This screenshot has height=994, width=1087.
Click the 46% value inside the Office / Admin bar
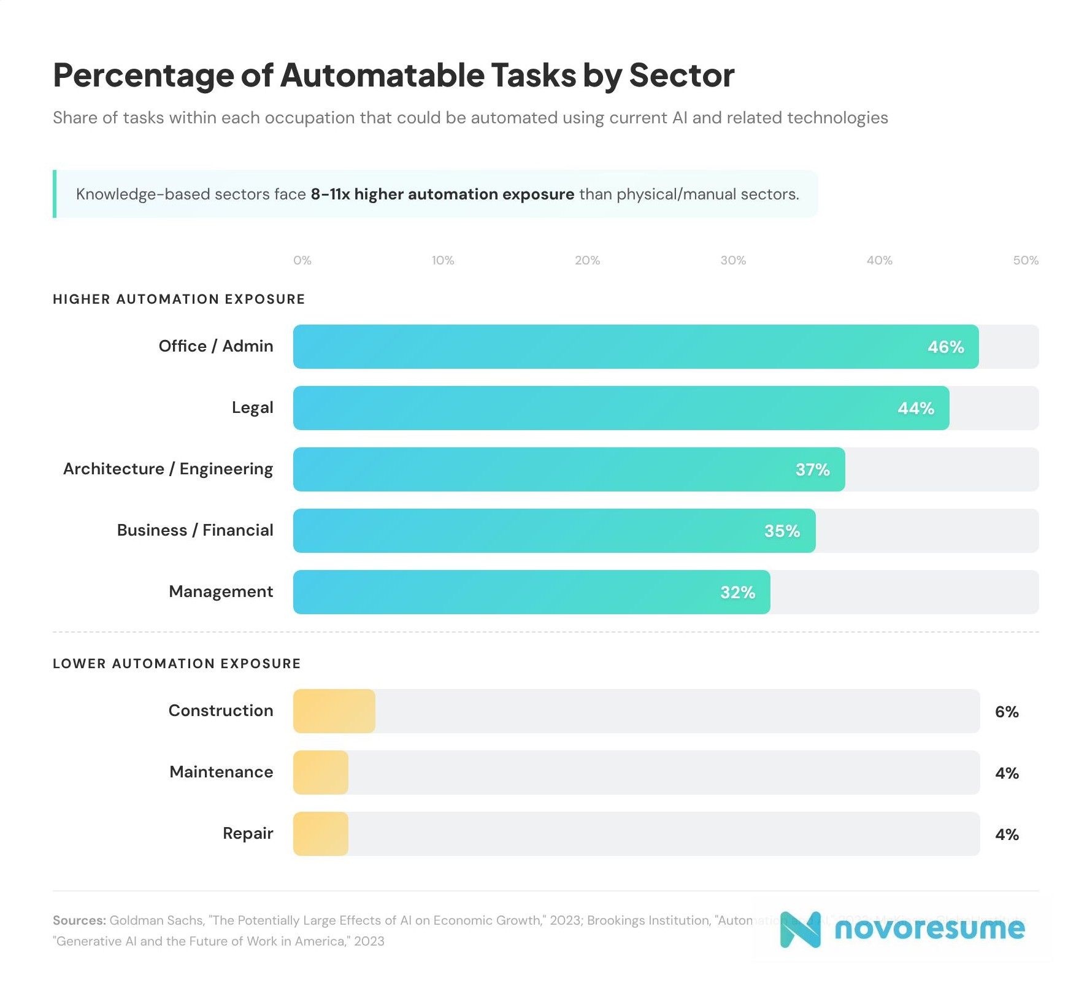[x=945, y=347]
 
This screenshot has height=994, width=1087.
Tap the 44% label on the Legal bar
[x=915, y=409]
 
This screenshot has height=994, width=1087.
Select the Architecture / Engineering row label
[x=168, y=469]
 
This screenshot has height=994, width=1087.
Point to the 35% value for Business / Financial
[x=782, y=531]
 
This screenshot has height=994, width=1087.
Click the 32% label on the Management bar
[x=737, y=593]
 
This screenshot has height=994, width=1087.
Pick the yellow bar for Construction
[x=334, y=711]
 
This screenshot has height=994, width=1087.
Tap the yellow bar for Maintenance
[x=320, y=772]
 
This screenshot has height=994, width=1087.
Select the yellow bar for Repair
[x=320, y=834]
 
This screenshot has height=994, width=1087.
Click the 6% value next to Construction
[x=1006, y=712]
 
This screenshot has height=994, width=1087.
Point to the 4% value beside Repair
[x=1006, y=834]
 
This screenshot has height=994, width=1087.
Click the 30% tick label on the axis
[x=732, y=261]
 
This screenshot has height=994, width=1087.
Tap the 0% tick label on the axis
[x=302, y=261]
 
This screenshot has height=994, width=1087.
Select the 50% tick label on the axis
[x=1025, y=261]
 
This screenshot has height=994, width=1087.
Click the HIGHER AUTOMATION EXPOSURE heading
[x=179, y=299]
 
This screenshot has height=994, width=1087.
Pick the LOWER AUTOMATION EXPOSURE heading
[x=177, y=664]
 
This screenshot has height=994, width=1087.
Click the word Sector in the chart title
[x=682, y=75]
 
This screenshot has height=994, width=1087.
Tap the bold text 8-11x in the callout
[x=330, y=195]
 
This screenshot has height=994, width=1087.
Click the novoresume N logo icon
[x=800, y=930]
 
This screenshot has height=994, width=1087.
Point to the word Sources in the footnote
[x=79, y=920]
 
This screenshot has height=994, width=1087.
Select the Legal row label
[x=252, y=408]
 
